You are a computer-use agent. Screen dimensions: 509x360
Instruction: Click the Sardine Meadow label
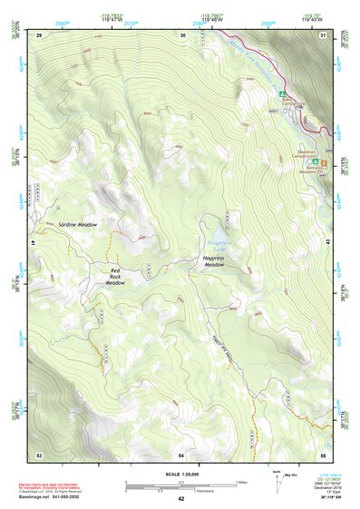tap(77, 224)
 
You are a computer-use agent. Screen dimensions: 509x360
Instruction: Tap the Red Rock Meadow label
tap(114, 277)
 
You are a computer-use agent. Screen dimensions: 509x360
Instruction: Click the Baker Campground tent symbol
tap(282, 93)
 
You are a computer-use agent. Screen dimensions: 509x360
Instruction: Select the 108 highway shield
tap(297, 106)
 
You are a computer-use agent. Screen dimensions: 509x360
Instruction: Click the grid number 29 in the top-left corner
tap(39, 34)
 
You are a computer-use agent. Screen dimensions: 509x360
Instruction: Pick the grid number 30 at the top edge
tap(183, 34)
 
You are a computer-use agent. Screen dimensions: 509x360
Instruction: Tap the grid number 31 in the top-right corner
tap(323, 34)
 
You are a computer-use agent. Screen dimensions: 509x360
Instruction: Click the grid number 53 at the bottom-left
tap(39, 453)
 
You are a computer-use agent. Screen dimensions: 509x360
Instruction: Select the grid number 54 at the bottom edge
tap(181, 453)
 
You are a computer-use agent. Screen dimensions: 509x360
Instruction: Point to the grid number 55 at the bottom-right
tap(323, 453)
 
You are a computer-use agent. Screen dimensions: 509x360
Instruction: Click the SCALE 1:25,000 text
tap(181, 474)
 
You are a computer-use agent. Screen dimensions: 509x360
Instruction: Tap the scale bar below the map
tap(181, 485)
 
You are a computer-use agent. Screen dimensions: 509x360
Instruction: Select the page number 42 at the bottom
tap(181, 499)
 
